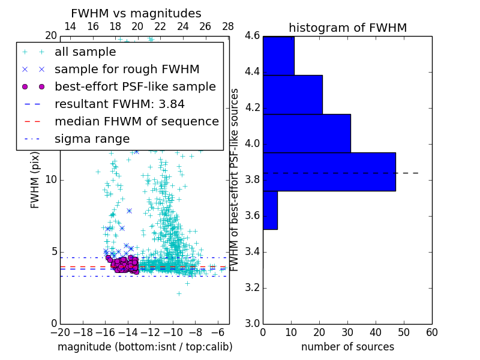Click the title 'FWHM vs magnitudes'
pos(136,13)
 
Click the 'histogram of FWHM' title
pos(347,28)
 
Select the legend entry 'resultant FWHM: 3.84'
pos(119,104)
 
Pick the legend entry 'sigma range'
pos(92,139)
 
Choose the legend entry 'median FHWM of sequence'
pos(136,121)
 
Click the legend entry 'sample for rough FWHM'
pos(127,69)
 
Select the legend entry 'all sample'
pos(85,52)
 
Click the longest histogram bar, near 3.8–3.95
pos(329,172)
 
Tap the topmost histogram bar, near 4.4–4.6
pos(278,56)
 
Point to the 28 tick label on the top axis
pos(228,26)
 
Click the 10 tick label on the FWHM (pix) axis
pos(50,180)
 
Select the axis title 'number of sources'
pos(347,347)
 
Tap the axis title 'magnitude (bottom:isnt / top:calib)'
pos(145,347)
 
